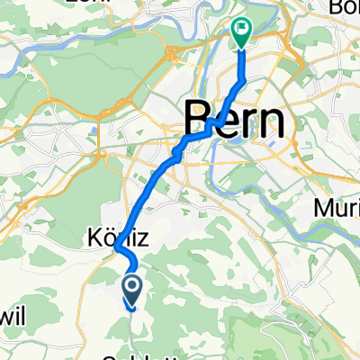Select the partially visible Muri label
coord(336,208)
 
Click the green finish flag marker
coord(242,32)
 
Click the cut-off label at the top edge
coord(27,4)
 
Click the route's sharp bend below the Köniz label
coord(117,259)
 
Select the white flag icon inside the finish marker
coord(242,29)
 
